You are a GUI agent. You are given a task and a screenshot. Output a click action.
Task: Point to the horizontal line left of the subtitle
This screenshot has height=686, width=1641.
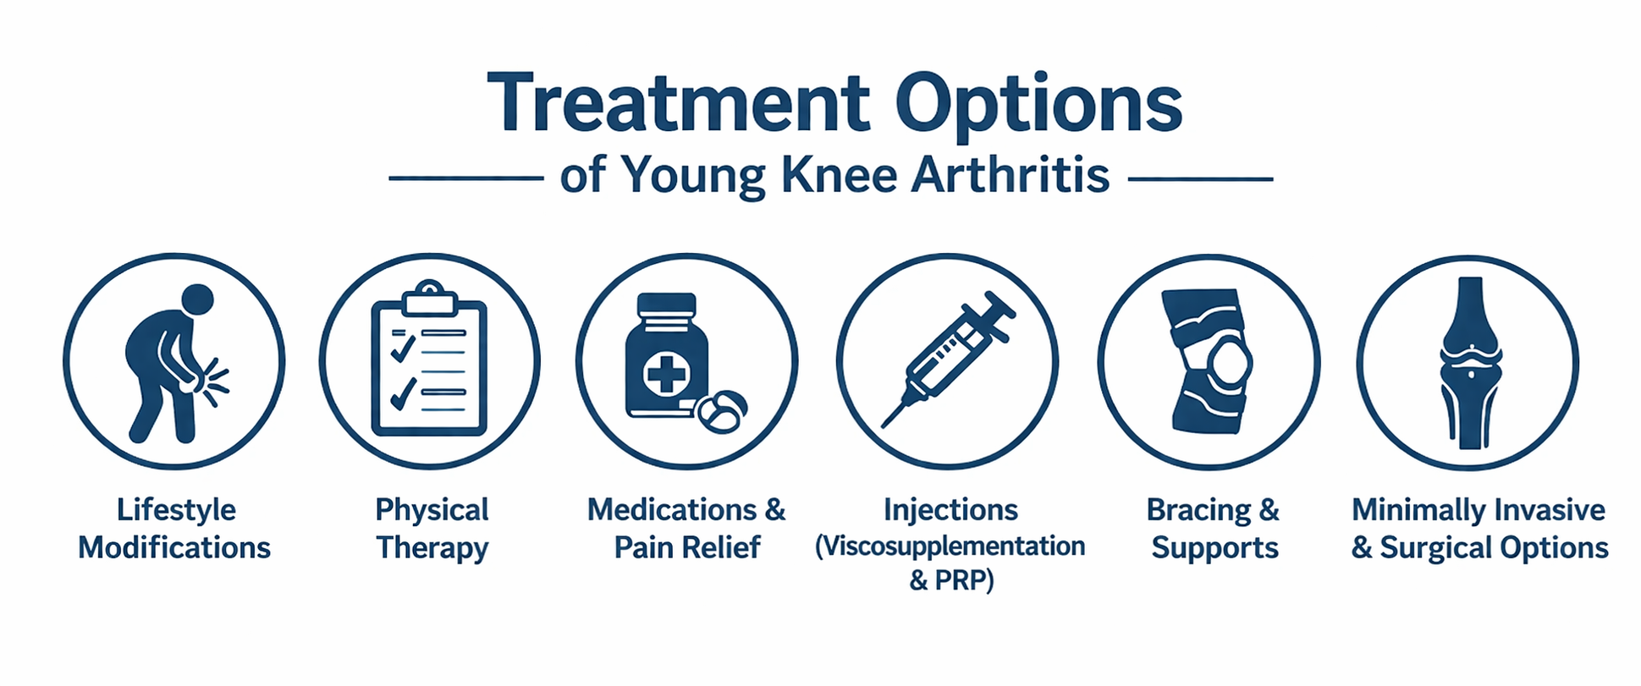[x=465, y=178]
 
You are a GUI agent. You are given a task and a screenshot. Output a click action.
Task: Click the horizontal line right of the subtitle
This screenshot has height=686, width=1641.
[x=1201, y=178]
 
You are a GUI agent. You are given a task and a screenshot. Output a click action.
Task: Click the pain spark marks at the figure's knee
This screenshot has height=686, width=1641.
[x=218, y=381]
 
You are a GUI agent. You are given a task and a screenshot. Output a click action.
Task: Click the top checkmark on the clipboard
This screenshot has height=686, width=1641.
[x=402, y=345]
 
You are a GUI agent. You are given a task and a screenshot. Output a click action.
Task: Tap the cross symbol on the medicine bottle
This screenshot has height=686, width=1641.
[x=666, y=373]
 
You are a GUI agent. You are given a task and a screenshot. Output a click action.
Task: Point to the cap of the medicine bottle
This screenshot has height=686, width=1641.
[x=666, y=305]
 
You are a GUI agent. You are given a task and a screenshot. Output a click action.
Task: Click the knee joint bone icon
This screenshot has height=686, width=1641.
[x=1471, y=363]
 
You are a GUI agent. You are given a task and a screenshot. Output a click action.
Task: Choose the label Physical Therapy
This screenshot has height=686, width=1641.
[x=432, y=529]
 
